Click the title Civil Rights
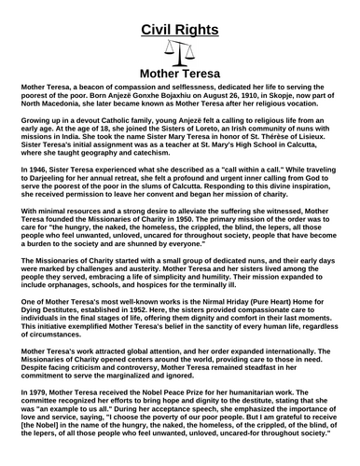tap(180, 29)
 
